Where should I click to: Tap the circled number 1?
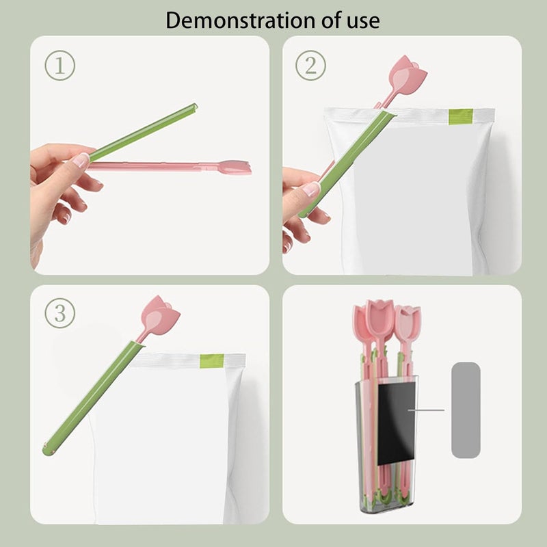(60, 66)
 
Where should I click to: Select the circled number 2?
(310, 65)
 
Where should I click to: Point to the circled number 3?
(60, 313)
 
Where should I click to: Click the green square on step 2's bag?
(460, 116)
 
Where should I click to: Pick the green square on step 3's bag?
(212, 361)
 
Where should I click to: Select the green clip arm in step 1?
(143, 132)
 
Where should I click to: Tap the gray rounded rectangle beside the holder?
(466, 410)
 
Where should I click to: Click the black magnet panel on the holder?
(397, 423)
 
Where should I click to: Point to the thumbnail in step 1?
(81, 160)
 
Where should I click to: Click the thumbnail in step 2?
(311, 189)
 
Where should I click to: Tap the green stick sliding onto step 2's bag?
(347, 163)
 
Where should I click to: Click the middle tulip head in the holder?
(380, 320)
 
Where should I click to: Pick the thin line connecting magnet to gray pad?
(426, 410)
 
